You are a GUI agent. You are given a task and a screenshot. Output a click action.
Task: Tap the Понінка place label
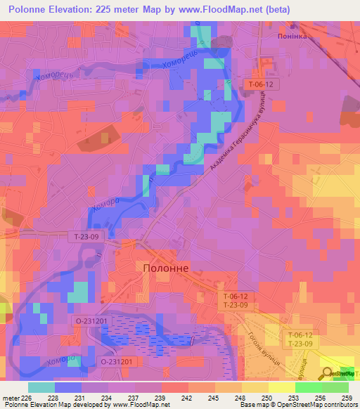pyautogui.click(x=292, y=36)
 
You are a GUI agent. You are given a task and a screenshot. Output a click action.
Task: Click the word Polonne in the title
pyautogui.click(x=32, y=9)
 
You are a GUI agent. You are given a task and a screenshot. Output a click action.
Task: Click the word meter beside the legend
pyautogui.click(x=12, y=397)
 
